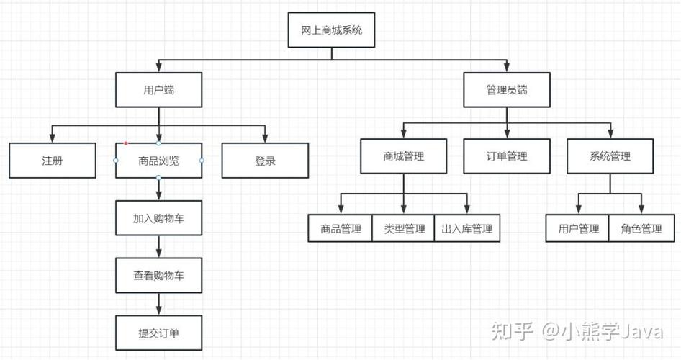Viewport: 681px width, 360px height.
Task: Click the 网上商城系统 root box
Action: click(331, 30)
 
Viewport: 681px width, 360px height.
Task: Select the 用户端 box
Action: click(158, 90)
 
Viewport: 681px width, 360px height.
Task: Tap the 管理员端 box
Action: click(507, 90)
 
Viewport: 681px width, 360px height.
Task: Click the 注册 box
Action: click(52, 161)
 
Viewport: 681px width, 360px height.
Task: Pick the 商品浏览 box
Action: click(158, 161)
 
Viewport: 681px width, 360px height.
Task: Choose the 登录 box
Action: click(265, 161)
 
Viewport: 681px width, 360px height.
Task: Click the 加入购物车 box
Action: click(158, 218)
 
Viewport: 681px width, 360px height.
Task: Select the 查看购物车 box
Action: click(158, 276)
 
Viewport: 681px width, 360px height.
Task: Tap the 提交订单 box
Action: click(158, 333)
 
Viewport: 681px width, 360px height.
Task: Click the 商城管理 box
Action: click(403, 156)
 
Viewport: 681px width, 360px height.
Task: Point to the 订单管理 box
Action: click(507, 156)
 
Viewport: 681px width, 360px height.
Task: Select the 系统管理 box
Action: click(610, 156)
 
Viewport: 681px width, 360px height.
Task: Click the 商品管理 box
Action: click(340, 228)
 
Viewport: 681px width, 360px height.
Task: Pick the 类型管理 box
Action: click(404, 228)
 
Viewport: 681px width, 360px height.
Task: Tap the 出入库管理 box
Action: click(467, 228)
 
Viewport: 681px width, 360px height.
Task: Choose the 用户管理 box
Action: click(578, 228)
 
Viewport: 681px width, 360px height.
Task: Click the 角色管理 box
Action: click(641, 228)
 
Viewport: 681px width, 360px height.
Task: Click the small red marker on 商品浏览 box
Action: click(126, 143)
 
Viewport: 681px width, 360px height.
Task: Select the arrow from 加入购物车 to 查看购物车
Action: click(158, 247)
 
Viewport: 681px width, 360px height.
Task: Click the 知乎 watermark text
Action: click(512, 331)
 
